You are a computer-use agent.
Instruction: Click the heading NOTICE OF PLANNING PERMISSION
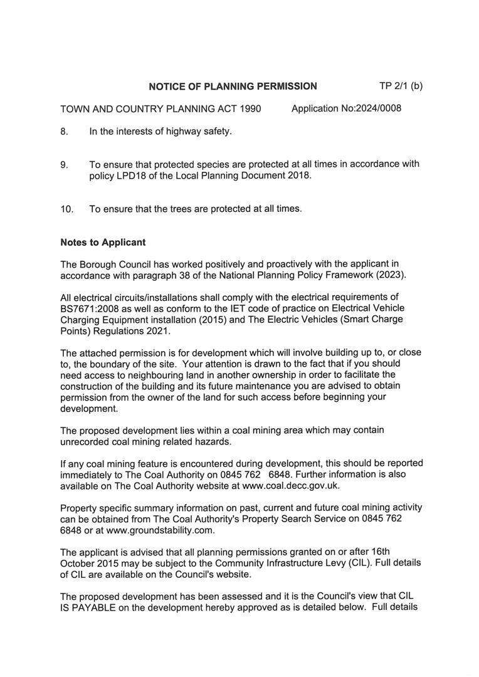233,87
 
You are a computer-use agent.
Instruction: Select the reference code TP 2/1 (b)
401,86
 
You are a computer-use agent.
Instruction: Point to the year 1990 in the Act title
250,109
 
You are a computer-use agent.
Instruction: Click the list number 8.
64,132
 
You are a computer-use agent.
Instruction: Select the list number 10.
66,209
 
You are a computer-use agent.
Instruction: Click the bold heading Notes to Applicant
103,242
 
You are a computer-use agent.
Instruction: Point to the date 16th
408,552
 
